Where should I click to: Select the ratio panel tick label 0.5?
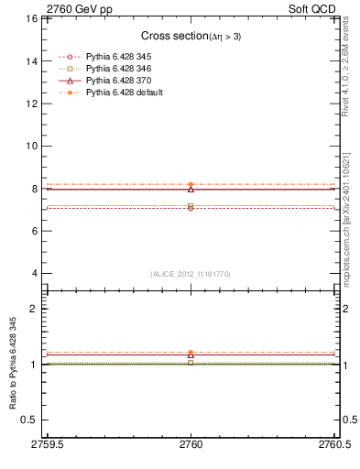[29, 420]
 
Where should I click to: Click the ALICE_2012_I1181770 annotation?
[191, 274]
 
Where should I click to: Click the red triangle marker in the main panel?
[191, 189]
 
